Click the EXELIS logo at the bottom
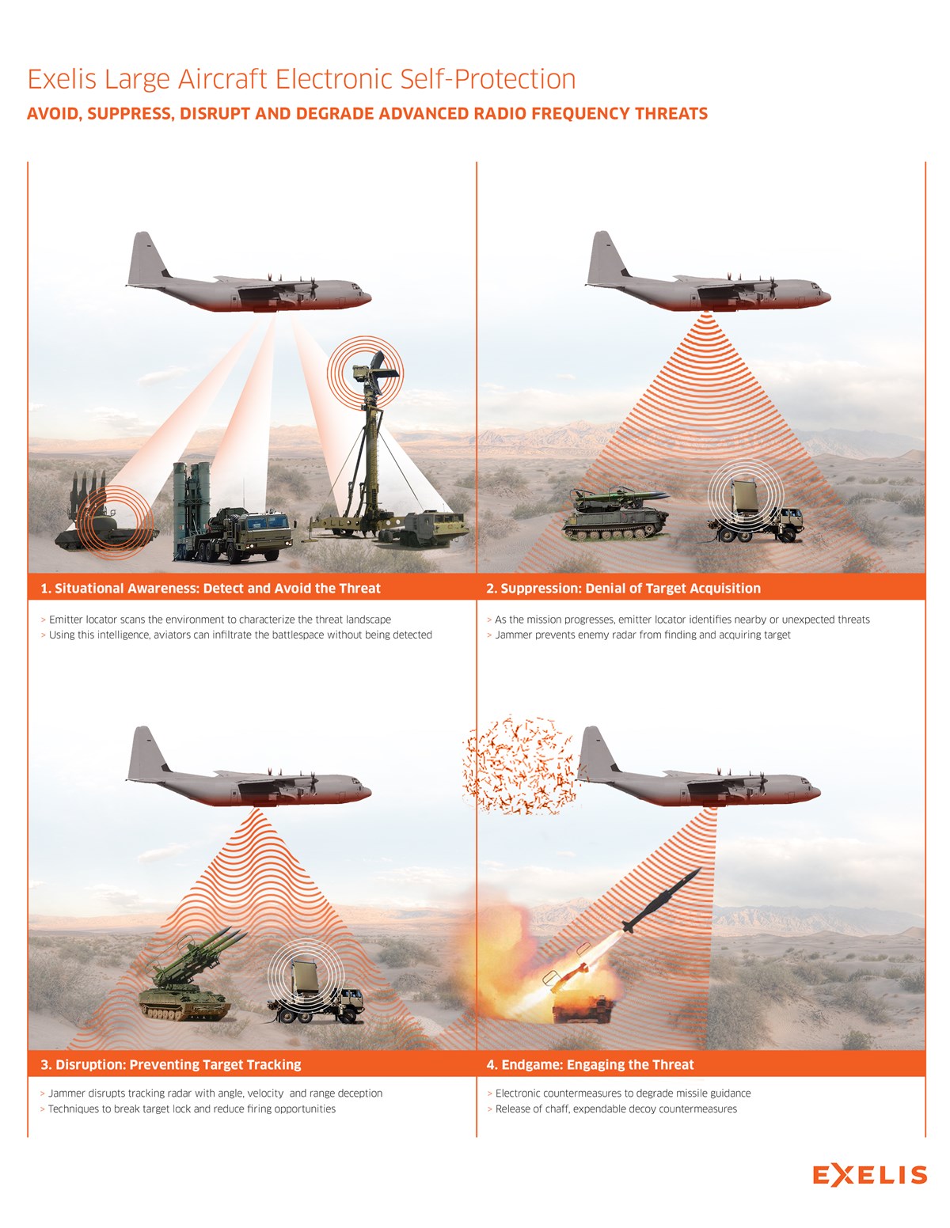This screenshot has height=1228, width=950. coord(869,1175)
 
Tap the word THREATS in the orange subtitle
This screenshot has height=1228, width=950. coord(671,114)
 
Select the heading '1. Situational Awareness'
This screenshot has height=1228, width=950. coord(211,588)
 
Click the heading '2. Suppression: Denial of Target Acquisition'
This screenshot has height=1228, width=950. coord(623,588)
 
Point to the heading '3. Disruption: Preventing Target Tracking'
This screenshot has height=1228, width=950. coord(171,1064)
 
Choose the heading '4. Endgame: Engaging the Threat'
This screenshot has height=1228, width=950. coord(590,1064)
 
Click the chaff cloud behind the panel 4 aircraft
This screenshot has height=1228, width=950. coord(519,766)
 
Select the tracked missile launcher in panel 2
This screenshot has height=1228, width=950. coord(615,516)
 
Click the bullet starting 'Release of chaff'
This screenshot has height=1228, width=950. coord(616,1109)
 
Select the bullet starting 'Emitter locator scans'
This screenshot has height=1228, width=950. coord(219,620)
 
